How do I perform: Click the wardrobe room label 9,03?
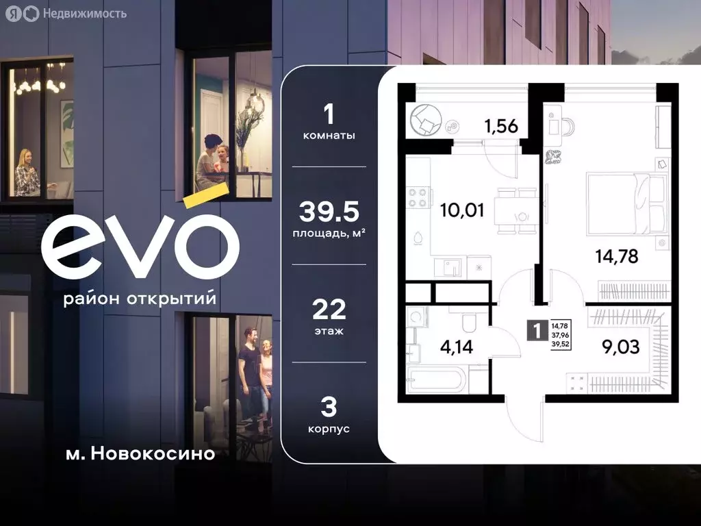pyautogui.click(x=621, y=347)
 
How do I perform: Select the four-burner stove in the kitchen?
pyautogui.click(x=418, y=198)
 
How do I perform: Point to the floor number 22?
pyautogui.click(x=329, y=310)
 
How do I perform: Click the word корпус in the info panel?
pyautogui.click(x=329, y=429)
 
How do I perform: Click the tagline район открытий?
pyautogui.click(x=139, y=299)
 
